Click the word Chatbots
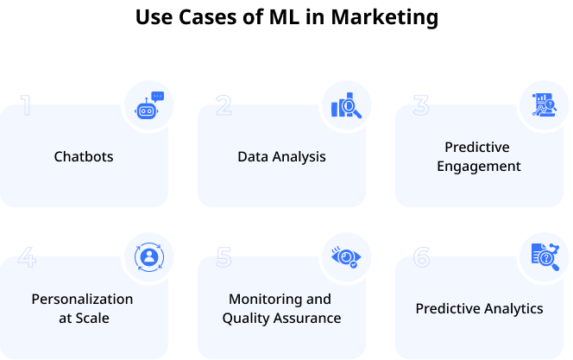[x=84, y=156]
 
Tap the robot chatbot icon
[x=149, y=104]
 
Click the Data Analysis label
[x=281, y=156]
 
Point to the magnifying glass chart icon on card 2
[x=347, y=105]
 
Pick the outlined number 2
[x=224, y=105]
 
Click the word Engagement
[x=479, y=166]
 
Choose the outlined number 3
[x=421, y=105]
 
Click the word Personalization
[x=83, y=300]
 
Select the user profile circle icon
[x=149, y=256]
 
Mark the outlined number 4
[x=27, y=257]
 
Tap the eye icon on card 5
[x=347, y=256]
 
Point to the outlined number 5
[x=224, y=257]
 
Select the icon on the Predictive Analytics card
[x=545, y=256]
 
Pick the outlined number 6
[x=421, y=257]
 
